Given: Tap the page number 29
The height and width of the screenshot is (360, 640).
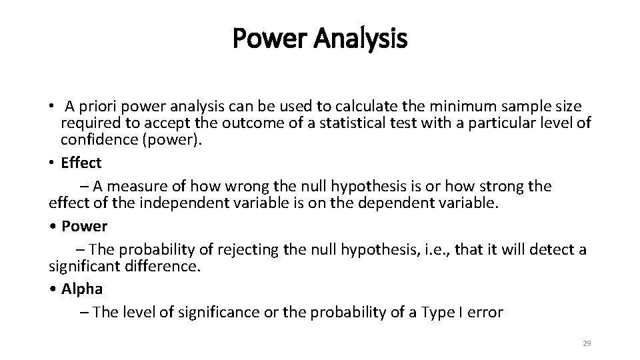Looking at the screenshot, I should (587, 343).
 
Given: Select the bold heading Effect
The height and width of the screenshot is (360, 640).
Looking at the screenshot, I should (81, 163).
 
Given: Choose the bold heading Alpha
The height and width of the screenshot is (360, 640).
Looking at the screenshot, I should (81, 289).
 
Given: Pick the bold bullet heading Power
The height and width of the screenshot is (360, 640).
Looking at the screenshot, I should (84, 226).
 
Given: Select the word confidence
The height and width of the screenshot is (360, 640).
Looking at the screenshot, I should (93, 141).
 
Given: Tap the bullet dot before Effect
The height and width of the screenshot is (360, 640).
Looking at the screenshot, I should (52, 163).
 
